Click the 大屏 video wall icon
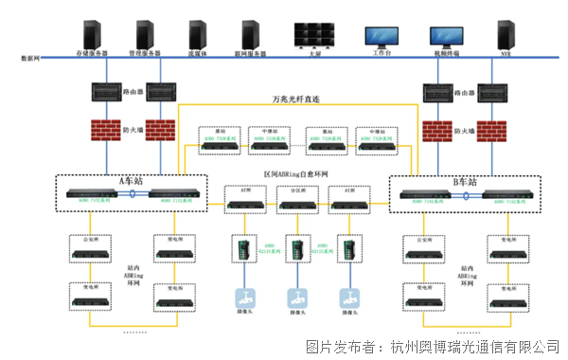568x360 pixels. [x=315, y=34]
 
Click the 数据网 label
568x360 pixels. [x=29, y=59]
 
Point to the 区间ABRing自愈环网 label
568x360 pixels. [x=294, y=175]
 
